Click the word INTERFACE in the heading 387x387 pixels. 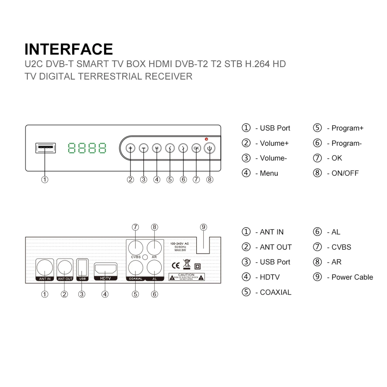tap(69, 49)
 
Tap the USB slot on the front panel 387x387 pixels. tap(45, 148)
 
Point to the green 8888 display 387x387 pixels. tap(87, 148)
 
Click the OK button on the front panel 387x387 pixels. tap(196, 148)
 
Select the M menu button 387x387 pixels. tap(157, 148)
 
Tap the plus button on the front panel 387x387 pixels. tap(130, 148)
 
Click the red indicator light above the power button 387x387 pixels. tap(206, 139)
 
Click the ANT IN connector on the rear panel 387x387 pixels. tap(45, 268)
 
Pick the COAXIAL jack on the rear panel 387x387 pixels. tap(135, 267)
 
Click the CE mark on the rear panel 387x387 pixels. tap(176, 266)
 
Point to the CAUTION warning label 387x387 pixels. tap(186, 277)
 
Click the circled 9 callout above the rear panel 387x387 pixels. tap(203, 227)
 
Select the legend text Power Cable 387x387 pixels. tap(352, 277)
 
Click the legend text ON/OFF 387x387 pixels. tap(345, 173)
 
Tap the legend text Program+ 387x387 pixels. tap(347, 128)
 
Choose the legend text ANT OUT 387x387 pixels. tap(276, 247)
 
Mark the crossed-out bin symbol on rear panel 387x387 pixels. tap(187, 264)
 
